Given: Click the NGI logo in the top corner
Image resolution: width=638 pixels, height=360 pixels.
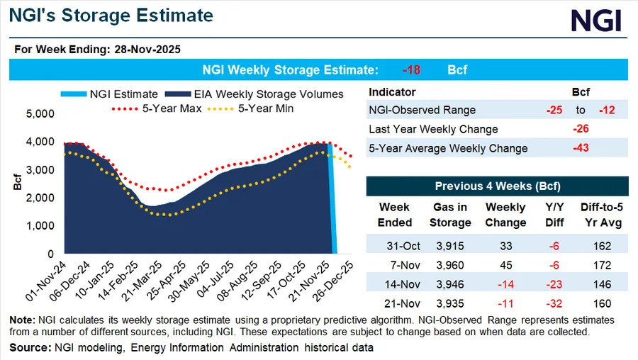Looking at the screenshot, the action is (x=596, y=21).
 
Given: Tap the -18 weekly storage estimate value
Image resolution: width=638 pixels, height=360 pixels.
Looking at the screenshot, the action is (x=411, y=70).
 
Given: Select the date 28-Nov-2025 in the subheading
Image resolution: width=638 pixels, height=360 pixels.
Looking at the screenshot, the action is (x=147, y=50).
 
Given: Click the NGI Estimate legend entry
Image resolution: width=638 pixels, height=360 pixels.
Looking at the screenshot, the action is (x=109, y=94).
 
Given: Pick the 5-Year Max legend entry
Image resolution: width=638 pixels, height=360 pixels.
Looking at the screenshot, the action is (x=157, y=108).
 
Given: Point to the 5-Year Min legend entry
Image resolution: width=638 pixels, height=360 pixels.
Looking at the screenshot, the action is (x=250, y=108).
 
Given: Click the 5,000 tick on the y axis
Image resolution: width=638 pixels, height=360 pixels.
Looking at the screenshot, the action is (x=40, y=113).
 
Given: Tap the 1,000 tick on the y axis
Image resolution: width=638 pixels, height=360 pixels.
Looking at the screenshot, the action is (x=40, y=226).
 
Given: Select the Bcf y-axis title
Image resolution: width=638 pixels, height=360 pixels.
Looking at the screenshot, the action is (x=17, y=182).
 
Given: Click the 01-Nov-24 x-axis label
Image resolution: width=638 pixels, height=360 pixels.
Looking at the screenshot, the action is (x=45, y=281).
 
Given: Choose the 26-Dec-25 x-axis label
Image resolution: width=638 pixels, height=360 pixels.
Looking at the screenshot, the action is (x=333, y=281).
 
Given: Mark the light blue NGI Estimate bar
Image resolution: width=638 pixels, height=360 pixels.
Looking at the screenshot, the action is (x=333, y=198).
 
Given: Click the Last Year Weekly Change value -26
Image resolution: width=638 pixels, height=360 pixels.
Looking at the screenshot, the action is (x=581, y=129).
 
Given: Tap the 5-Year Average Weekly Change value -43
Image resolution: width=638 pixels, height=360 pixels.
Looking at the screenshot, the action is (x=581, y=148).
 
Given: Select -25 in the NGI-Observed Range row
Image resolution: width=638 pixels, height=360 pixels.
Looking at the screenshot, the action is (x=554, y=111).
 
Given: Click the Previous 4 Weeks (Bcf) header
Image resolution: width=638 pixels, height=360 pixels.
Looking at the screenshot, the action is (x=498, y=186).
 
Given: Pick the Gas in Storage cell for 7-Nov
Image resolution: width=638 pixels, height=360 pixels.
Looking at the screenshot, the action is (x=450, y=265).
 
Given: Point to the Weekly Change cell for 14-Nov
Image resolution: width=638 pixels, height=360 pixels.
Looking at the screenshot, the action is (x=505, y=284).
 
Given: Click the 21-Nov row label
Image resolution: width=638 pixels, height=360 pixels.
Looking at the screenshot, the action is (x=402, y=303).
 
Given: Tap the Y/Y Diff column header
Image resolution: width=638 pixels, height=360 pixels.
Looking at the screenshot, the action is (x=554, y=215).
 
